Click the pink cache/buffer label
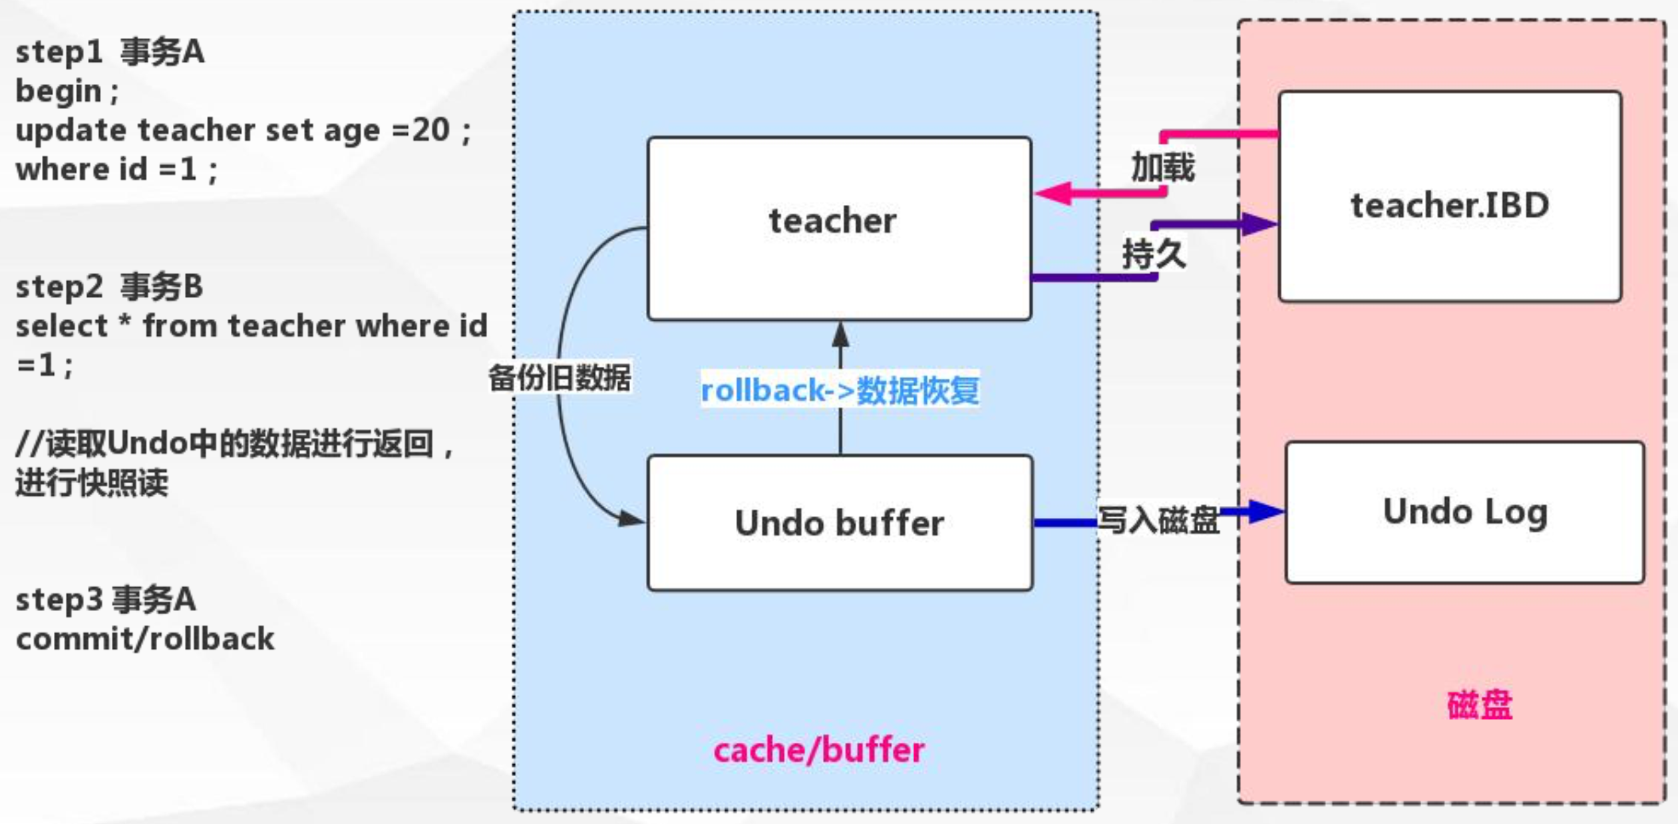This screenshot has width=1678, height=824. [x=818, y=750]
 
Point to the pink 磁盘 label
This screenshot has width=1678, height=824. [x=1480, y=705]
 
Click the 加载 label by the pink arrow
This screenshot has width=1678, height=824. [x=1162, y=166]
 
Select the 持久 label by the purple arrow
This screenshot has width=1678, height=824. [x=1154, y=254]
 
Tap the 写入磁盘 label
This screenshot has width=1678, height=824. [x=1158, y=520]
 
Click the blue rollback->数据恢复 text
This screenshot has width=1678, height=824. [x=840, y=390]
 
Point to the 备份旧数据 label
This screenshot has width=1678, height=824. [x=560, y=377]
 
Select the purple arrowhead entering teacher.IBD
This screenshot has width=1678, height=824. [x=1259, y=224]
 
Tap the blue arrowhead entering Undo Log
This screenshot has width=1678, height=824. [x=1265, y=511]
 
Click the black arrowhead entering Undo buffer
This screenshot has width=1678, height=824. [x=629, y=518]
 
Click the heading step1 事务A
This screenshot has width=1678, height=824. [x=110, y=52]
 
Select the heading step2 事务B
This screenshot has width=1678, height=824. [x=109, y=287]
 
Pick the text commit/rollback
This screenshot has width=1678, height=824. [x=145, y=639]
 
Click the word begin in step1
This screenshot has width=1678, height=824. [x=59, y=91]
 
